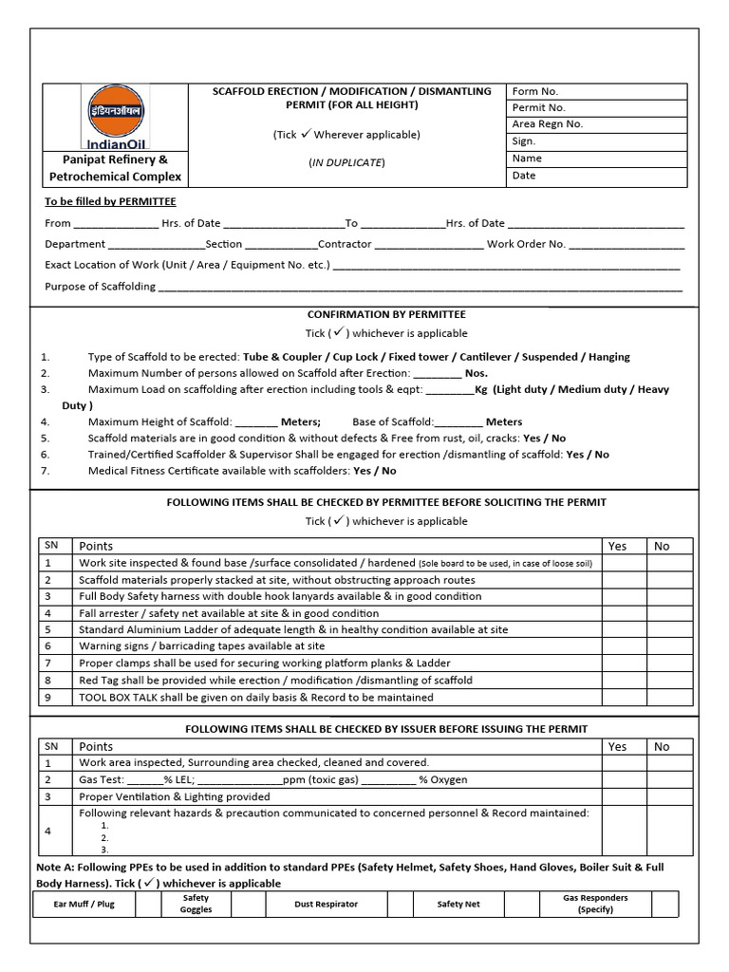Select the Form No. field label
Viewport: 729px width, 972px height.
[535, 91]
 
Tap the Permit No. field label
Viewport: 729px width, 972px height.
[538, 108]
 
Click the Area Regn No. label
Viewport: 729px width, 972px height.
[548, 124]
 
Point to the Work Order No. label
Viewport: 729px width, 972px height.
[526, 244]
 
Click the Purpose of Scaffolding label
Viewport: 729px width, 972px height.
[100, 286]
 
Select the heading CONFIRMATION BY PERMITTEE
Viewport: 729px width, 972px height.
[386, 313]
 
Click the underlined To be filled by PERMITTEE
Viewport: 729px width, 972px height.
[110, 201]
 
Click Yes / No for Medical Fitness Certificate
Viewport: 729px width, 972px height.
[374, 470]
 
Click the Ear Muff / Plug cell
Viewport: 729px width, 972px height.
[84, 905]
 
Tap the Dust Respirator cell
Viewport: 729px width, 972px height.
[326, 905]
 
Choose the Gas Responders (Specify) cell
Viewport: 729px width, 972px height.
[582, 904]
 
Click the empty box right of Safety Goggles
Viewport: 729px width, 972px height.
[247, 905]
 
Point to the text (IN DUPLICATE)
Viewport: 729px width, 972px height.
[346, 162]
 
